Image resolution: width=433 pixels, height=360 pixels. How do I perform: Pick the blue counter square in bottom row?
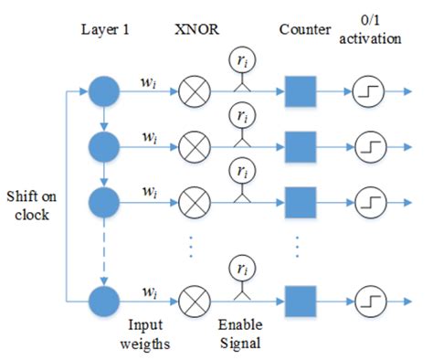coord(301,298)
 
